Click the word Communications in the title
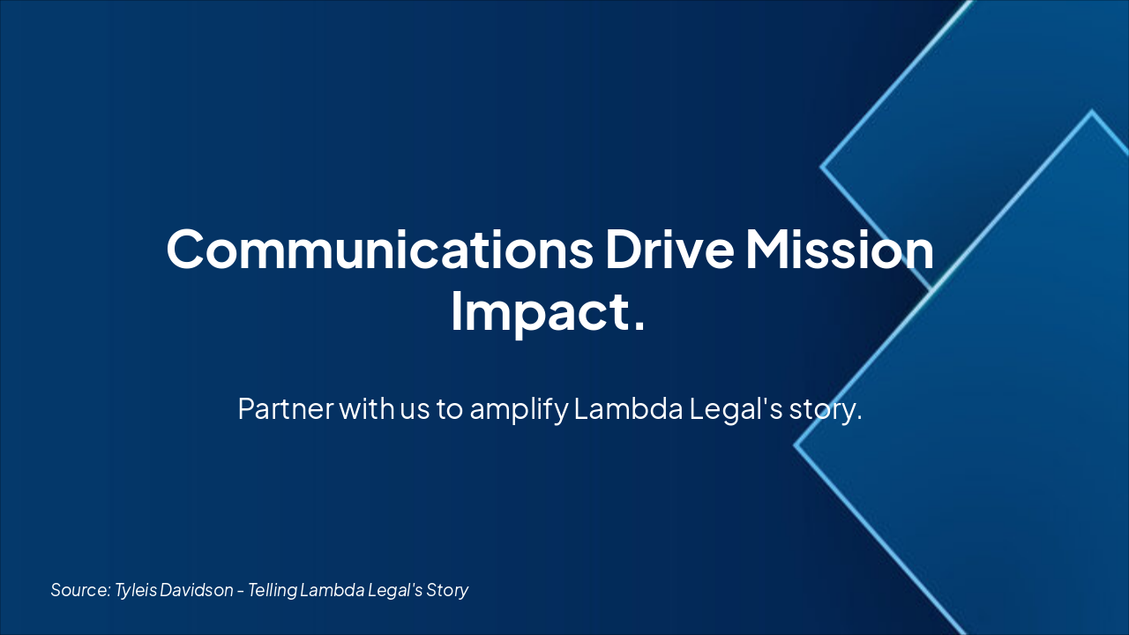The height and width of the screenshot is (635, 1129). pyautogui.click(x=380, y=250)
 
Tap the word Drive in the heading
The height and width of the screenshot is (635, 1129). pyautogui.click(x=669, y=250)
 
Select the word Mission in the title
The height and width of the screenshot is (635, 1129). pyautogui.click(x=839, y=250)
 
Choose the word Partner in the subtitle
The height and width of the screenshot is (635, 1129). pyautogui.click(x=285, y=408)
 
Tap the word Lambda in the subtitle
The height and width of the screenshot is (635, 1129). pyautogui.click(x=628, y=407)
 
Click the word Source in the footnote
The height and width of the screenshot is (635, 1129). pyautogui.click(x=80, y=590)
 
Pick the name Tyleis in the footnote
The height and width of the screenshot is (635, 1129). pyautogui.click(x=136, y=591)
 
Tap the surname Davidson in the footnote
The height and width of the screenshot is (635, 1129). pyautogui.click(x=197, y=590)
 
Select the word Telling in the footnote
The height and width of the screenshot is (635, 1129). pyautogui.click(x=273, y=591)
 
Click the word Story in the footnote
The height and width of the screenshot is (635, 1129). pyautogui.click(x=447, y=591)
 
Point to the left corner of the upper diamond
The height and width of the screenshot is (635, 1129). pyautogui.click(x=821, y=167)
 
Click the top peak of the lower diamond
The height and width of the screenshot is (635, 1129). pyautogui.click(x=1092, y=110)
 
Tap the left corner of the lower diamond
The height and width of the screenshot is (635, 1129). pyautogui.click(x=796, y=445)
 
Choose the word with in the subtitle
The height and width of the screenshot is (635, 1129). pyautogui.click(x=366, y=407)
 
